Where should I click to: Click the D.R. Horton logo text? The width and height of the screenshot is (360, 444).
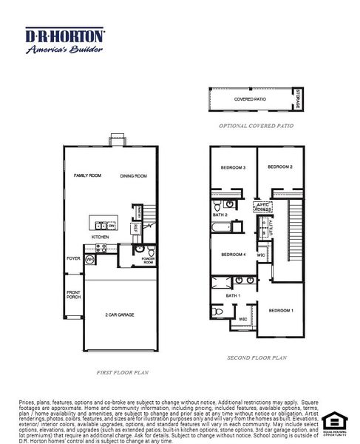coord(65,35)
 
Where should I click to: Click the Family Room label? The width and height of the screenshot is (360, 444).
coord(86,176)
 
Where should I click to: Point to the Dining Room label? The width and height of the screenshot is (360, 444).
coord(134,176)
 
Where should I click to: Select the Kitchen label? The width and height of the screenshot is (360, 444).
coord(101,237)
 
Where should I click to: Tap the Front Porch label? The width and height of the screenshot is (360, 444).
coord(73,294)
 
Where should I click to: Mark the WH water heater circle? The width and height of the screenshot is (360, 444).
coord(89,260)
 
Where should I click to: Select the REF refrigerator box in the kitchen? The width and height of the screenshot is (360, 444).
coord(136,229)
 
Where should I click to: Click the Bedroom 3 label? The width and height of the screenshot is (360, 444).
coord(233,168)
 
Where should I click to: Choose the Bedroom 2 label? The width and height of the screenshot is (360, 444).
coord(280,167)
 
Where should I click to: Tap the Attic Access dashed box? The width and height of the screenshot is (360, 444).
coord(262,207)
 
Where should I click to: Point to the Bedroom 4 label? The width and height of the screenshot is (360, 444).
coord(233,255)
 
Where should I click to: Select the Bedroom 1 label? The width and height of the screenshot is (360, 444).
coord(280,310)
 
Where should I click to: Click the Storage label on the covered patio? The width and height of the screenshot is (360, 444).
coord(298,98)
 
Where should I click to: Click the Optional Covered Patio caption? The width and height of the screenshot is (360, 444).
coord(256,127)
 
